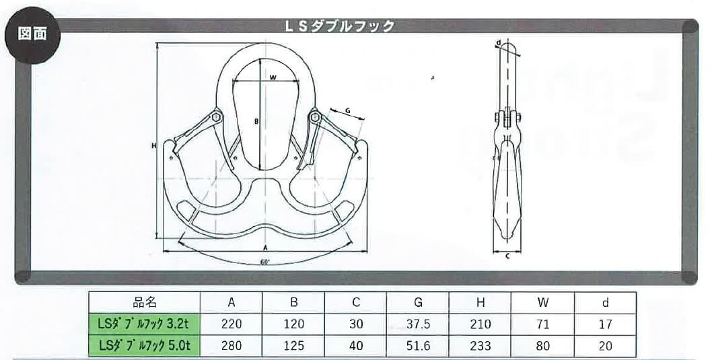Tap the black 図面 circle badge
[x=32, y=34]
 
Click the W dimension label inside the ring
[x=273, y=78]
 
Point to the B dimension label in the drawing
[x=256, y=122]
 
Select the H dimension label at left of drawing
[x=154, y=144]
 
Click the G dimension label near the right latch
[x=348, y=109]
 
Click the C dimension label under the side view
[x=507, y=255]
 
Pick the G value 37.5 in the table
[x=418, y=324]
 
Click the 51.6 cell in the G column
[x=418, y=346]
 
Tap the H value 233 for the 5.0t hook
[x=480, y=346]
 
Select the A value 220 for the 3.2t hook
[x=232, y=324]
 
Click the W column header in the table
[x=543, y=303]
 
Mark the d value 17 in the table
[x=605, y=324]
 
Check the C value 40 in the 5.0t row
[x=357, y=346]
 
